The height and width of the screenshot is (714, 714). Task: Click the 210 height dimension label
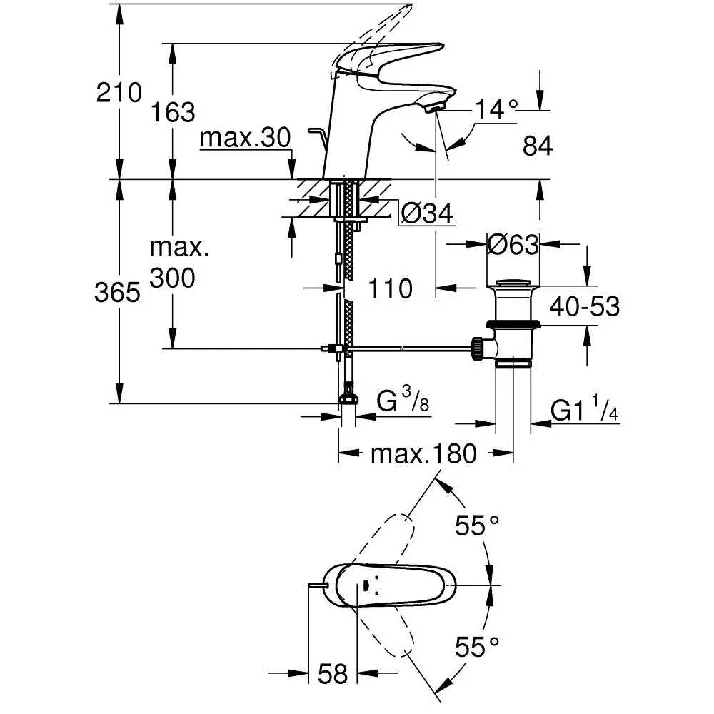pos(119,93)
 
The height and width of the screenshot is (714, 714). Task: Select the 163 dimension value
pos(173,112)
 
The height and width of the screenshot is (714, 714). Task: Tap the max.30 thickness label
pos(245,137)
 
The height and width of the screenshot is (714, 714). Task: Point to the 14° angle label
pos(496,110)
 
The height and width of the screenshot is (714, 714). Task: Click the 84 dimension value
pos(538,146)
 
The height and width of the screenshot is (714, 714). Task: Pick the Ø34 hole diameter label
pos(427,213)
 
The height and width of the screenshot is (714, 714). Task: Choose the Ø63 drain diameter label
pos(513,244)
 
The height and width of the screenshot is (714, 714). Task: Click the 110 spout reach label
pos(391,288)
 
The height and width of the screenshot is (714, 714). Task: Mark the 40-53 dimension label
pos(584,306)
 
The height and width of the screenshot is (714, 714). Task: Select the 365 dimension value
pos(118,292)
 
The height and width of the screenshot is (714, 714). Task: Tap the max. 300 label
pos(178,263)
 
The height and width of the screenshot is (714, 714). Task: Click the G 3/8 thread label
pos(403,399)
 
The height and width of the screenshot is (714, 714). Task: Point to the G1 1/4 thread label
pos(584,408)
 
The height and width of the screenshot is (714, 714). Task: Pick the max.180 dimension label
pos(423,453)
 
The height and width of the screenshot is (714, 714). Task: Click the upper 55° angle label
pos(477,526)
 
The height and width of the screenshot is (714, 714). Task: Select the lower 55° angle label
pos(477,647)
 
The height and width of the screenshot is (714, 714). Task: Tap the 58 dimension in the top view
pos(333,674)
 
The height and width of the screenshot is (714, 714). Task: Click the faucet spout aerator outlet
pos(433,109)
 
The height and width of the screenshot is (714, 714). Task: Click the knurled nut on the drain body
pos(478,348)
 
